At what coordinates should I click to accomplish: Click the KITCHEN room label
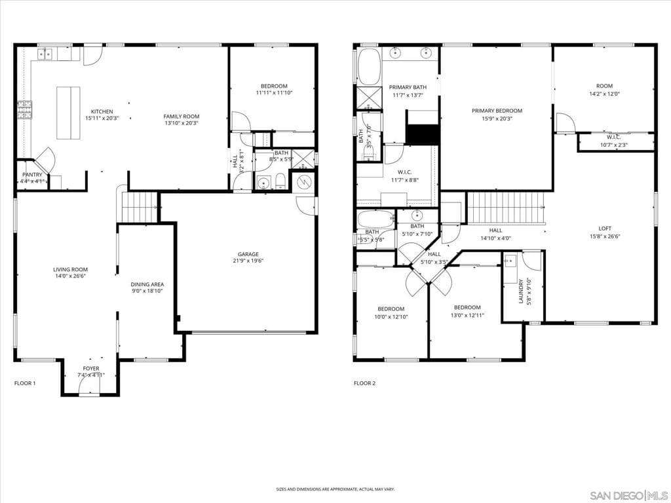102,111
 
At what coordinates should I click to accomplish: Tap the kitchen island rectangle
68,113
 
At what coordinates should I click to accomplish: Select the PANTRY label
32,174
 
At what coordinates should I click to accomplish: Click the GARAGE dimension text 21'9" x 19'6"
248,261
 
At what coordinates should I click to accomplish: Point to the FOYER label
91,368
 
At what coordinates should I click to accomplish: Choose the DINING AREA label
147,284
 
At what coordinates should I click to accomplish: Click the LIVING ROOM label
70,269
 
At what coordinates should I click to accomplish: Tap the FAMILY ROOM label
181,116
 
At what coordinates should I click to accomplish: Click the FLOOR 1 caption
25,383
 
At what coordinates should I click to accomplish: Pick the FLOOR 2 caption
364,383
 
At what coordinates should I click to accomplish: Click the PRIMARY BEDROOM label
497,111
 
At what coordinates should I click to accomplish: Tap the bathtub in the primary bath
369,65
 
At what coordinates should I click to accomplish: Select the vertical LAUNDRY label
522,291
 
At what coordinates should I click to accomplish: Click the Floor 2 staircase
506,208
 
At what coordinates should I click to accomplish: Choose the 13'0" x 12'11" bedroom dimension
467,315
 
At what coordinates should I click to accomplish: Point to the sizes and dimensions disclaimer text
335,489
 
